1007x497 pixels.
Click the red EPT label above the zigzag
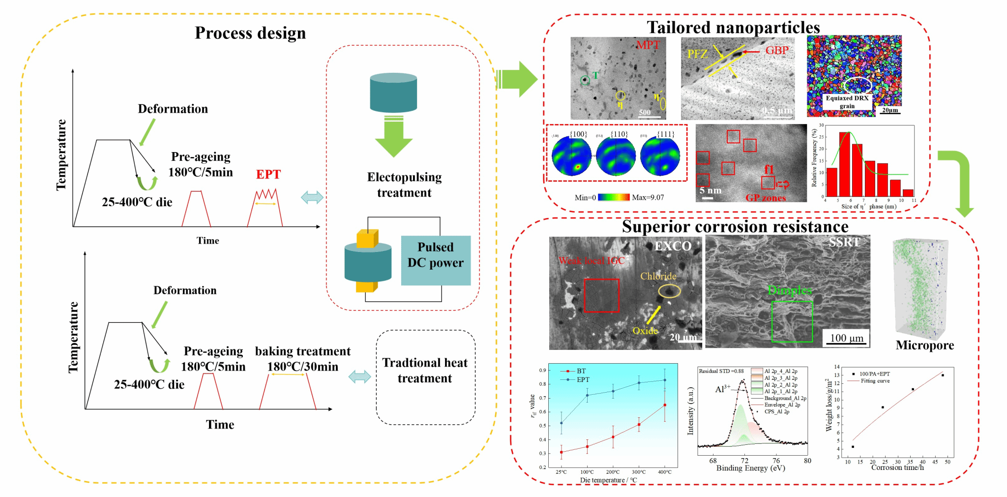[x=268, y=175]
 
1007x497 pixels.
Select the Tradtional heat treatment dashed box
[x=425, y=377]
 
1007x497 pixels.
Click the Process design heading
[x=250, y=33]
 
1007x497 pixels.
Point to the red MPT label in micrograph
[x=648, y=45]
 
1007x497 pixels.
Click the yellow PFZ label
[x=697, y=54]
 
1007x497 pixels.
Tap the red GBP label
[x=777, y=50]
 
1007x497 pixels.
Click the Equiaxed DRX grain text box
[x=847, y=102]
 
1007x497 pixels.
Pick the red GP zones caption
[x=766, y=198]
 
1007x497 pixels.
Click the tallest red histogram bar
[x=845, y=164]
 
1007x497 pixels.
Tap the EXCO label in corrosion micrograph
[x=673, y=246]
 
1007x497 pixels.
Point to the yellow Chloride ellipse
[x=669, y=291]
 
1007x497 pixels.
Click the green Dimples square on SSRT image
[x=792, y=321]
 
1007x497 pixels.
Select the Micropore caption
[x=924, y=345]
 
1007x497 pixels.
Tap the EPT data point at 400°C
[x=665, y=380]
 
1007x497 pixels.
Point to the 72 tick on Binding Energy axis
[x=744, y=461]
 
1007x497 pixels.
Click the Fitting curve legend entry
[x=875, y=381]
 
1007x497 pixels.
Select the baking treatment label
[x=302, y=351]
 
